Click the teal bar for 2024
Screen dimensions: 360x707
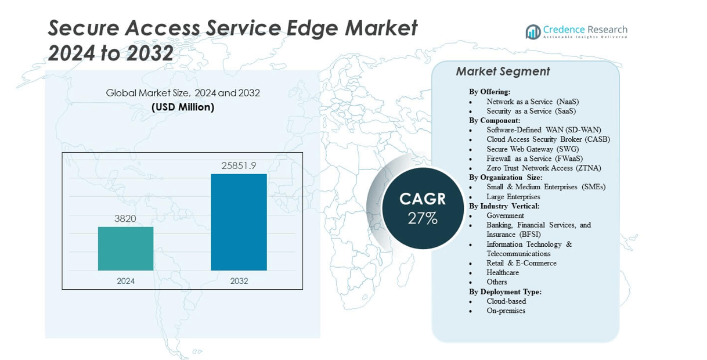coord(125,249)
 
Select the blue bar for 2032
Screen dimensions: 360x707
coord(239,222)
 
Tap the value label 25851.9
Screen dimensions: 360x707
coord(239,165)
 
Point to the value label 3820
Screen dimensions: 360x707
coord(125,219)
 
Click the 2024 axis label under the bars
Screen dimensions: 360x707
coord(125,281)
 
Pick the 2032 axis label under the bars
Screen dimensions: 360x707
coord(239,281)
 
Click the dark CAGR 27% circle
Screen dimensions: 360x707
coord(423,208)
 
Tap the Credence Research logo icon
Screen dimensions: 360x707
coord(533,32)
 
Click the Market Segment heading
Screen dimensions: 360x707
coord(503,71)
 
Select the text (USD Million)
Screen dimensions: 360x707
coord(183,107)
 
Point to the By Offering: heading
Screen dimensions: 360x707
coord(489,92)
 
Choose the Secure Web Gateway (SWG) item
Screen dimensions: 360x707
coord(532,149)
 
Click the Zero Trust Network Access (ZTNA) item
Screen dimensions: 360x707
coord(543,168)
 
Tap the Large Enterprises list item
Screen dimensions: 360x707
coord(513,197)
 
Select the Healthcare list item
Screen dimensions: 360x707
coord(503,272)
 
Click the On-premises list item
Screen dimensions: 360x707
coord(506,311)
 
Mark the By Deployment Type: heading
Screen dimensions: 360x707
coord(505,291)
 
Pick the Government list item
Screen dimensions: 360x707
coord(505,215)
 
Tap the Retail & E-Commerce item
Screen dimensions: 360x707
coord(521,263)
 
